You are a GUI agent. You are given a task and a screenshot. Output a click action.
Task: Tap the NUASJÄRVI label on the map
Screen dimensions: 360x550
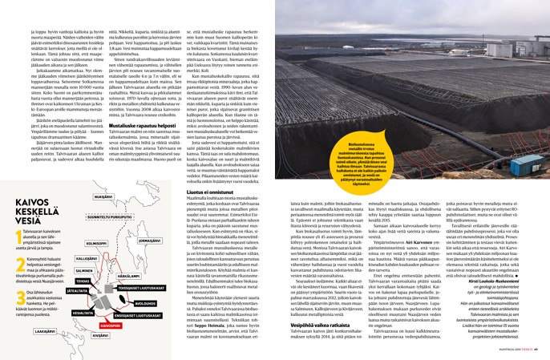(103, 196)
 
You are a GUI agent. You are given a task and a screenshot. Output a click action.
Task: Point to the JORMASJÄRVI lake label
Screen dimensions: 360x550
(150, 240)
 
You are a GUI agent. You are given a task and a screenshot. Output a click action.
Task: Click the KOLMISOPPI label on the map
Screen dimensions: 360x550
(97, 244)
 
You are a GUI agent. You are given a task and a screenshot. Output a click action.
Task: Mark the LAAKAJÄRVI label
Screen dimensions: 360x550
(44, 330)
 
